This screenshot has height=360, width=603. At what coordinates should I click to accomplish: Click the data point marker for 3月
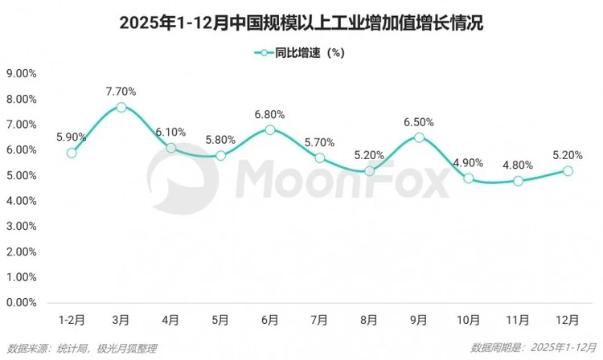click(121, 107)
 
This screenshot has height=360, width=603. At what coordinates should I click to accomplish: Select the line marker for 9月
click(419, 137)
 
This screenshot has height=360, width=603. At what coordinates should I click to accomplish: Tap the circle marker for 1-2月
click(72, 153)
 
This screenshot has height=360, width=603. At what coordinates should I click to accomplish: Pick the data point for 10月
click(469, 178)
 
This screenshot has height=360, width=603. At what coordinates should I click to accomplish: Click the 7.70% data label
click(121, 91)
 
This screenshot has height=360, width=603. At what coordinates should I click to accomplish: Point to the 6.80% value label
click(270, 113)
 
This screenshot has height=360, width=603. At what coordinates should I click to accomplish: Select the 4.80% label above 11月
click(519, 165)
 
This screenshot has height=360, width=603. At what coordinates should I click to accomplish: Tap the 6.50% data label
click(419, 122)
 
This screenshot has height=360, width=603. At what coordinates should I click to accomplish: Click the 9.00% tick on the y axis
click(22, 73)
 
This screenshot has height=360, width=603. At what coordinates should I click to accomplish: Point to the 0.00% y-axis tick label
click(22, 303)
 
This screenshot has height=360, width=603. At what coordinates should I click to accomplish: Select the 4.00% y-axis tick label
click(22, 201)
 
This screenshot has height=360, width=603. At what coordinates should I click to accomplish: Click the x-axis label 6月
click(270, 320)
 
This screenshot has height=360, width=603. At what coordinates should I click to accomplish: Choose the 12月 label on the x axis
click(568, 320)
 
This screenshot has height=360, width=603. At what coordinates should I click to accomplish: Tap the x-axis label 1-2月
click(72, 320)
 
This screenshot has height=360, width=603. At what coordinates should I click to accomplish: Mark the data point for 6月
click(270, 129)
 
